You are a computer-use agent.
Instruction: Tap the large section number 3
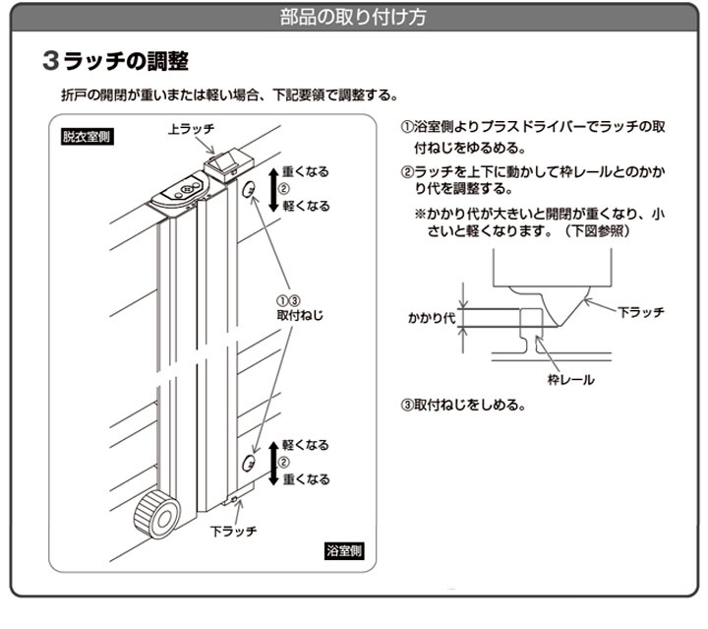(x=52, y=61)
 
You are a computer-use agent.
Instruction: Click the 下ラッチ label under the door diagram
(x=234, y=531)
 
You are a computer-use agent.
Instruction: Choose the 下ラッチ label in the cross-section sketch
(x=640, y=311)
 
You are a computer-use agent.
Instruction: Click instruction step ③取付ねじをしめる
(x=462, y=405)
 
